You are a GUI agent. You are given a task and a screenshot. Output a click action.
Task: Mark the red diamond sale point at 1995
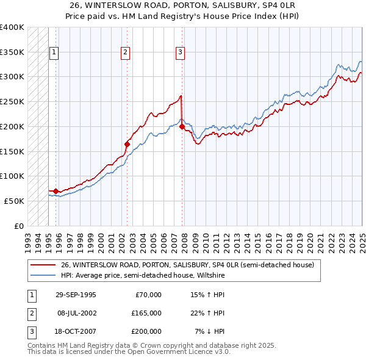tap(56, 191)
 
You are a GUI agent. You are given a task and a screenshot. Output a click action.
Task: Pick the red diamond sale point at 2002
tap(127, 144)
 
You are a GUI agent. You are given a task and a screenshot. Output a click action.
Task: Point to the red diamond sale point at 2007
tap(182, 126)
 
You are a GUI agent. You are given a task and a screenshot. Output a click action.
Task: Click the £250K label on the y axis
tap(12, 101)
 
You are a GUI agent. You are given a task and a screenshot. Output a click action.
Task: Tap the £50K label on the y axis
tap(15, 201)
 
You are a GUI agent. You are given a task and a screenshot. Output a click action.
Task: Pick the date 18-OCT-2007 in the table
tap(75, 331)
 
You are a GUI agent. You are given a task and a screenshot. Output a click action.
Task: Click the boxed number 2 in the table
tap(30, 313)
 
